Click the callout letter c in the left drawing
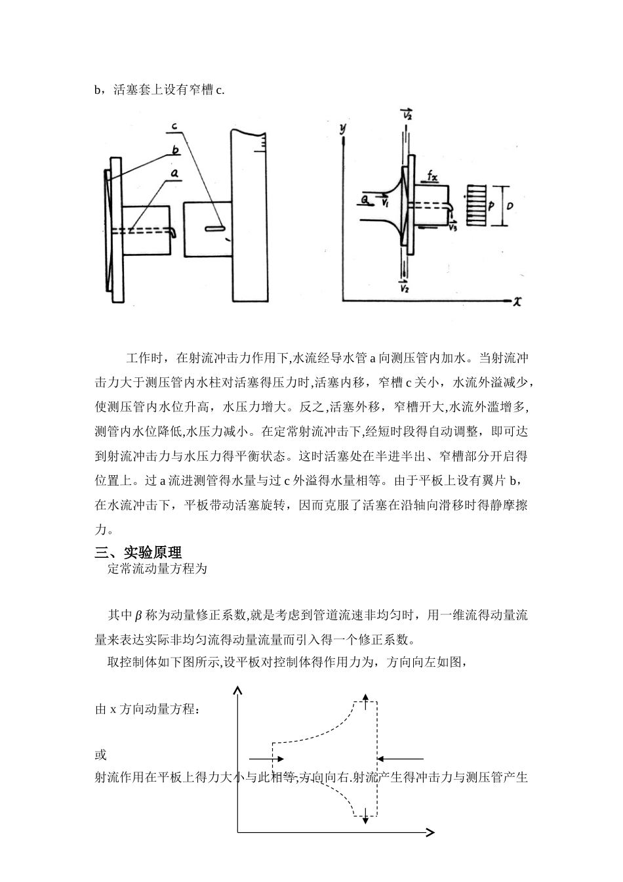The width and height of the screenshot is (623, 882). (x=175, y=125)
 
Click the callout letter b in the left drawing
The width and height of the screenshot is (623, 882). (x=175, y=150)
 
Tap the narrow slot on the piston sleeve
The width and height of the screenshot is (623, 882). (x=214, y=229)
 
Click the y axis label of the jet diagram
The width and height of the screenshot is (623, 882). (x=342, y=128)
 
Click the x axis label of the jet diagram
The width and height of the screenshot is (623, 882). (x=517, y=301)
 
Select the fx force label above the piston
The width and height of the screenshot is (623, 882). (x=432, y=177)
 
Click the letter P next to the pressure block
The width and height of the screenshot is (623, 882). (x=491, y=206)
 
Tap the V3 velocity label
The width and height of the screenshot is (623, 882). (x=453, y=228)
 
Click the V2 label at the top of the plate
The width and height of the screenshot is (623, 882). (x=407, y=114)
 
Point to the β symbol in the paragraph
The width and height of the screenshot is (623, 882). (x=138, y=616)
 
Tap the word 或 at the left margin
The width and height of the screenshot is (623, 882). (x=101, y=755)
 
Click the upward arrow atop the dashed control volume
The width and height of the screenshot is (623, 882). (x=365, y=700)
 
